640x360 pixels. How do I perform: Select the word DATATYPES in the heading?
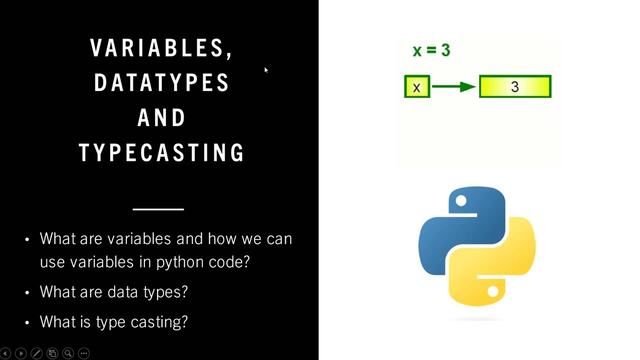pos(161,83)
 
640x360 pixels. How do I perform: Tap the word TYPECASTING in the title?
pos(161,152)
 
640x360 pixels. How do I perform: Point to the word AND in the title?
pos(161,118)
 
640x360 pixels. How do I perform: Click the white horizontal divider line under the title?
pos(158,209)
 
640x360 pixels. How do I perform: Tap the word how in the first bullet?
pos(222,239)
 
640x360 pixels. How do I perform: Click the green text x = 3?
pos(431,50)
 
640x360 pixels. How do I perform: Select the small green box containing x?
pos(416,87)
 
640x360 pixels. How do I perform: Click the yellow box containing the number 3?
pos(515,87)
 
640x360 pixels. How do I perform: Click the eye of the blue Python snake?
pos(461,201)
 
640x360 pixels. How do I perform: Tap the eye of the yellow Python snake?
pos(493,291)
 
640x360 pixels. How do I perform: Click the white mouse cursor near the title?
pos(266,70)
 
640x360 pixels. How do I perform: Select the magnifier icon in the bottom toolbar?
pos(68,353)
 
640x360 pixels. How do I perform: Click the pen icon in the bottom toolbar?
pos(36,353)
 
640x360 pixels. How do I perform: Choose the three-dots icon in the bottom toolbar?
pos(83,353)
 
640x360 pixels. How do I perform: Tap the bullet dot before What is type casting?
pos(27,322)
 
